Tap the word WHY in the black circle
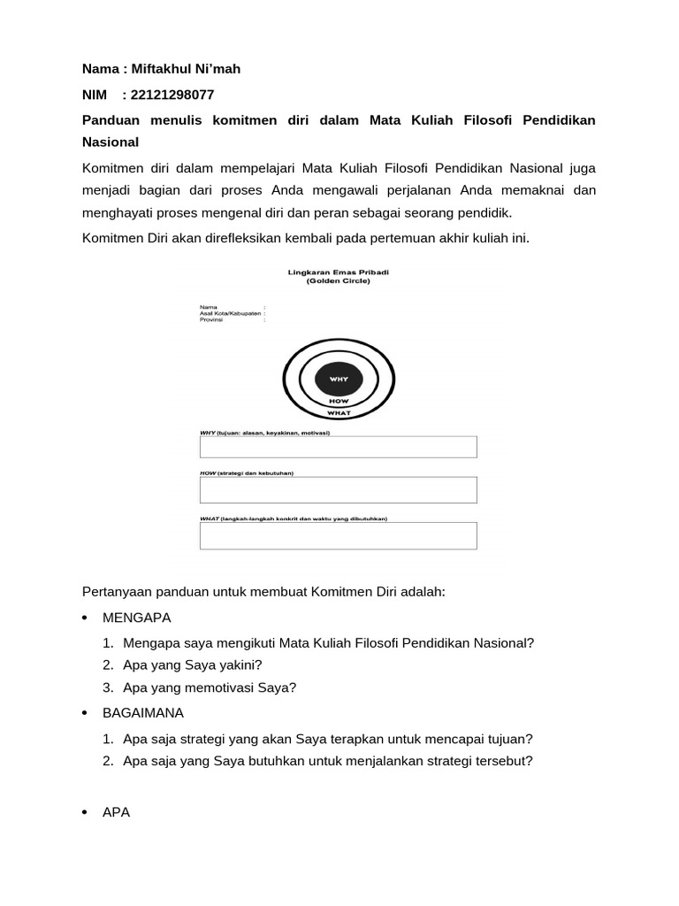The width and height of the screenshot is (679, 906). [x=339, y=379]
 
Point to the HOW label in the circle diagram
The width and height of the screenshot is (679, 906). [x=339, y=401]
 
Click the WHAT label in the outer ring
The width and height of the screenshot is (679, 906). [x=339, y=413]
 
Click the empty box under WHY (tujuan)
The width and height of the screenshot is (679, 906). [x=339, y=447]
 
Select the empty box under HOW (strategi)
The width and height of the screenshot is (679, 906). [x=339, y=490]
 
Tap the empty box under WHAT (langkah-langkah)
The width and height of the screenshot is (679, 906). [x=339, y=536]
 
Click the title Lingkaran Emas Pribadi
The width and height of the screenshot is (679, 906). [x=339, y=273]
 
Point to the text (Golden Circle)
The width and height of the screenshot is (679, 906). [x=339, y=281]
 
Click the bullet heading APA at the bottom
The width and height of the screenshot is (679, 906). [x=116, y=812]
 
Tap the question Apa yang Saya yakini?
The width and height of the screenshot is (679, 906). [x=193, y=664]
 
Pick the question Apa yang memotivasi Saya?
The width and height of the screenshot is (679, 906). [x=210, y=687]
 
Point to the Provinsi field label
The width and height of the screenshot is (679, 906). [x=212, y=319]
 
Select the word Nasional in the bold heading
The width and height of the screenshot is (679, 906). [x=111, y=142]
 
